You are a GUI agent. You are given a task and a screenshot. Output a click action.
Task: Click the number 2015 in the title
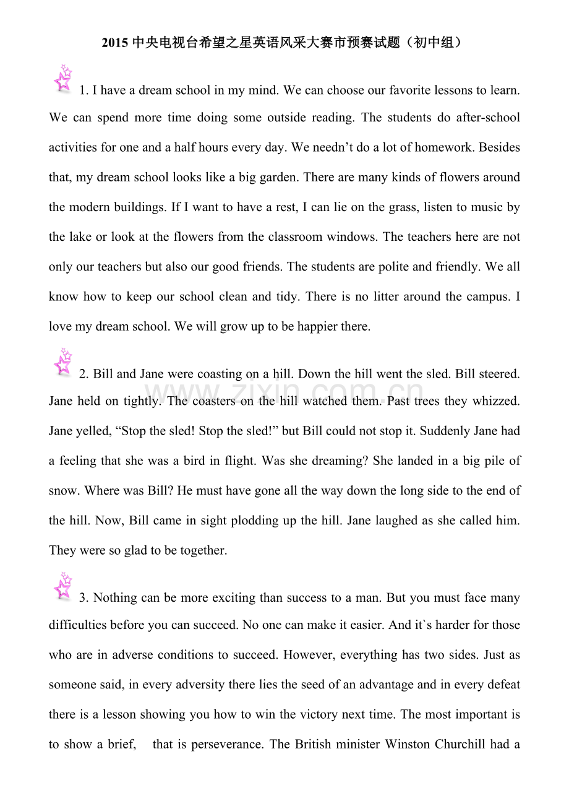pos(114,43)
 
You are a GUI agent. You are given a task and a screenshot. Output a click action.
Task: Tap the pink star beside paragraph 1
pos(63,79)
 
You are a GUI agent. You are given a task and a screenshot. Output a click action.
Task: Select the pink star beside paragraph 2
pos(63,362)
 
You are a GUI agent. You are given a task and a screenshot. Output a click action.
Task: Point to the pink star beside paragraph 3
pos(63,586)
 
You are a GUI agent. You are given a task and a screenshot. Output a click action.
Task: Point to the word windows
pos(357,236)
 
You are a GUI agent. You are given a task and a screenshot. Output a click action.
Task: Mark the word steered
pos(502,374)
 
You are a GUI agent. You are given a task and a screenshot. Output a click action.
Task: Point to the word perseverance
pos(228,744)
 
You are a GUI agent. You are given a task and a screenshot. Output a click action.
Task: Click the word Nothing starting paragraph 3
pos(116,598)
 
